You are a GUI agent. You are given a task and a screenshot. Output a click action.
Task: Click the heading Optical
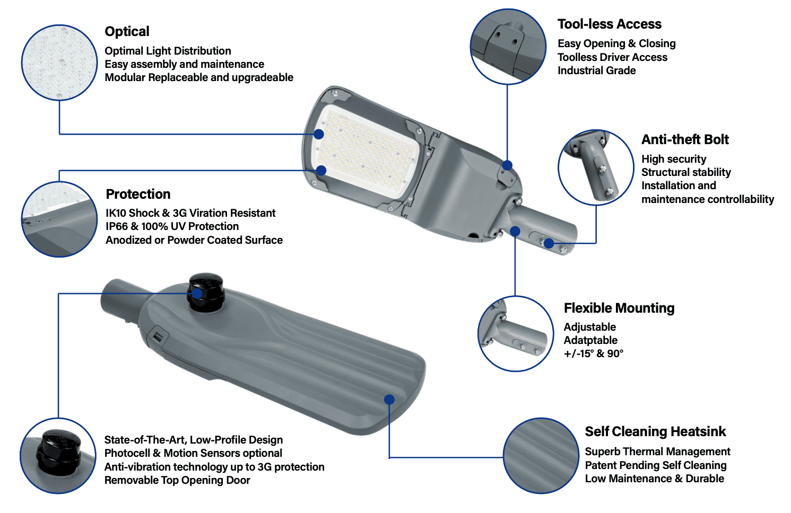127,32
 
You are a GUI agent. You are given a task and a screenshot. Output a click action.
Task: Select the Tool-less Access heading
609,24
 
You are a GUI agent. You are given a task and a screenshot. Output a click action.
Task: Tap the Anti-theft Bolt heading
685,139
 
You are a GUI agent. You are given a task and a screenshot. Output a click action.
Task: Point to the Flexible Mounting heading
619,308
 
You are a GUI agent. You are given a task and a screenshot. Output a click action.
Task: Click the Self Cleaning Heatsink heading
655,431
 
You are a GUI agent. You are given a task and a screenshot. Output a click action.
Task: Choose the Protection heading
138,194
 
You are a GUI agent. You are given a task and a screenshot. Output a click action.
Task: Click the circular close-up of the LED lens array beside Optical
59,63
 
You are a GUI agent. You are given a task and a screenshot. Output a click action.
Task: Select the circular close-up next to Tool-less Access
508,46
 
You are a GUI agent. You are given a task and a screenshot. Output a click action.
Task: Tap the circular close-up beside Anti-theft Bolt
596,167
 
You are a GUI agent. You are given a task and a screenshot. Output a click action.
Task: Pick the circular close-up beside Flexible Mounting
515,333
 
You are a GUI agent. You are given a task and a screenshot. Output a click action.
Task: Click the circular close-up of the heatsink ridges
541,456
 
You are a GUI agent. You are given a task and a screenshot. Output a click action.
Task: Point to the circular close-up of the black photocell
58,456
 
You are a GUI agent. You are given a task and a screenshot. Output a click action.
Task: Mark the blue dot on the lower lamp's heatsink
389,400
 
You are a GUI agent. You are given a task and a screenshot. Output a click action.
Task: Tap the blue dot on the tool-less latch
507,165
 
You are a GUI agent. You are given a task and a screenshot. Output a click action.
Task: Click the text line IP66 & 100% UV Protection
172,226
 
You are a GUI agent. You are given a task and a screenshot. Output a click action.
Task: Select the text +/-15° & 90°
593,353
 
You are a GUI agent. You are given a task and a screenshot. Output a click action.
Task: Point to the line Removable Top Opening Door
177,480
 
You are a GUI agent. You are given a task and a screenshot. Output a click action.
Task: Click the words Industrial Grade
596,70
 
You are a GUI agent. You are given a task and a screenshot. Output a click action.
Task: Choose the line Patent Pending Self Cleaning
655,465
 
